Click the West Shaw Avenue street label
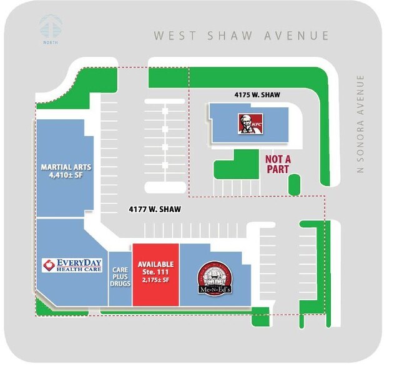242,36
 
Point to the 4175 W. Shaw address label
257,95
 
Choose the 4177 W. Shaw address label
155,209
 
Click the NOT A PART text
280,164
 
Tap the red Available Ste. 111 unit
155,275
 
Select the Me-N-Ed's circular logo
215,278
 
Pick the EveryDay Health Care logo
71,265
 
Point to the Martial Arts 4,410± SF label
66,171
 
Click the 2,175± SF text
156,281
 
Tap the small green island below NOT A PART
294,185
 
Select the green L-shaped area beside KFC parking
231,167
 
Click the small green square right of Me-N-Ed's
259,315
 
